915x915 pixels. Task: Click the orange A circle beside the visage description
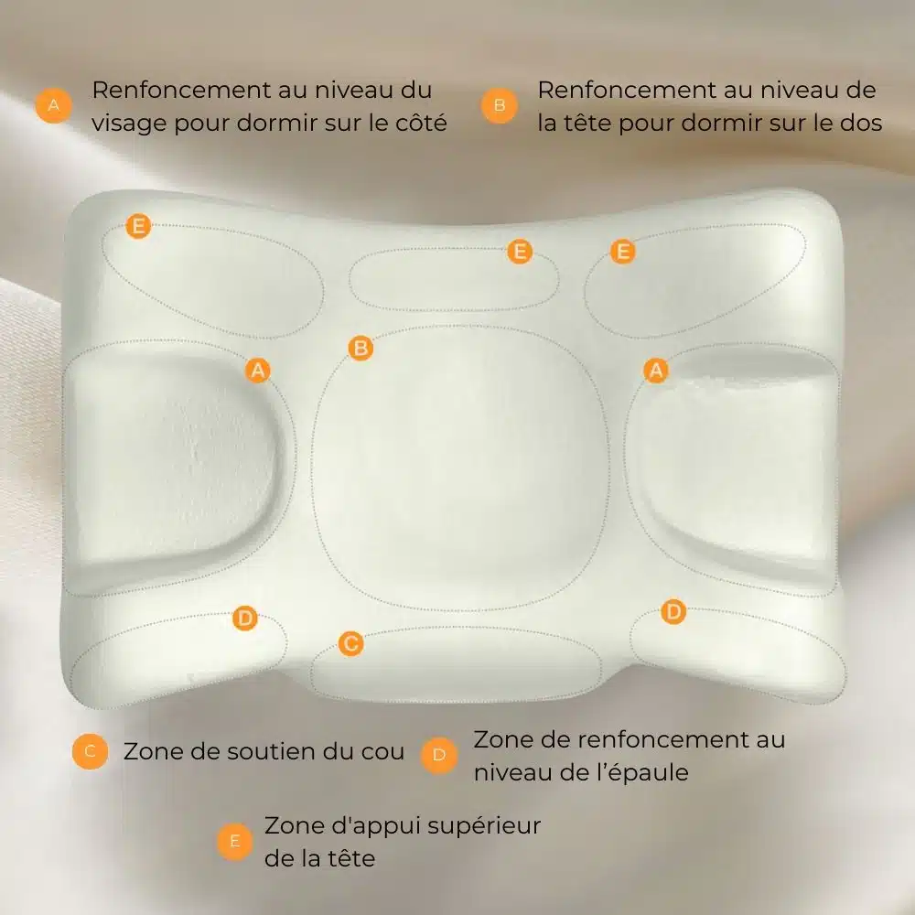54,105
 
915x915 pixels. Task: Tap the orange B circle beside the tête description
500,105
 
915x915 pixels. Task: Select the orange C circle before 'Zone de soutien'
90,751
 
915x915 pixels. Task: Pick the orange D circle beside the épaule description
439,755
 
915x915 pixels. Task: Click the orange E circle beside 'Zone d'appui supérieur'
234,842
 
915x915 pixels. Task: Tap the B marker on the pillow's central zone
361,349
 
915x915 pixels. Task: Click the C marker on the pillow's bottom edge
350,643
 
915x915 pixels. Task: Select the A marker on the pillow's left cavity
258,371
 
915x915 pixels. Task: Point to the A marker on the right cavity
656,371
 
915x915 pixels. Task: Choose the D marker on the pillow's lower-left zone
245,619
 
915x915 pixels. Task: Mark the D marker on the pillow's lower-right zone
673,611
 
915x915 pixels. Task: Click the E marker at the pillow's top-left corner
138,226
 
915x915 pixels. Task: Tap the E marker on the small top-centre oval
520,252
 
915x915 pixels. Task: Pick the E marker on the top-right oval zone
622,252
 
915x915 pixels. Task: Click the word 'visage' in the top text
129,124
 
